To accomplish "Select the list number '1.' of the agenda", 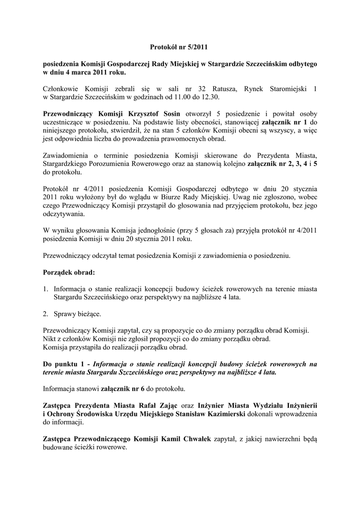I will coord(45,288).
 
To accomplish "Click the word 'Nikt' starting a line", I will coord(50,339).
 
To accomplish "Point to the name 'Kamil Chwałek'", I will coord(185,438).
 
